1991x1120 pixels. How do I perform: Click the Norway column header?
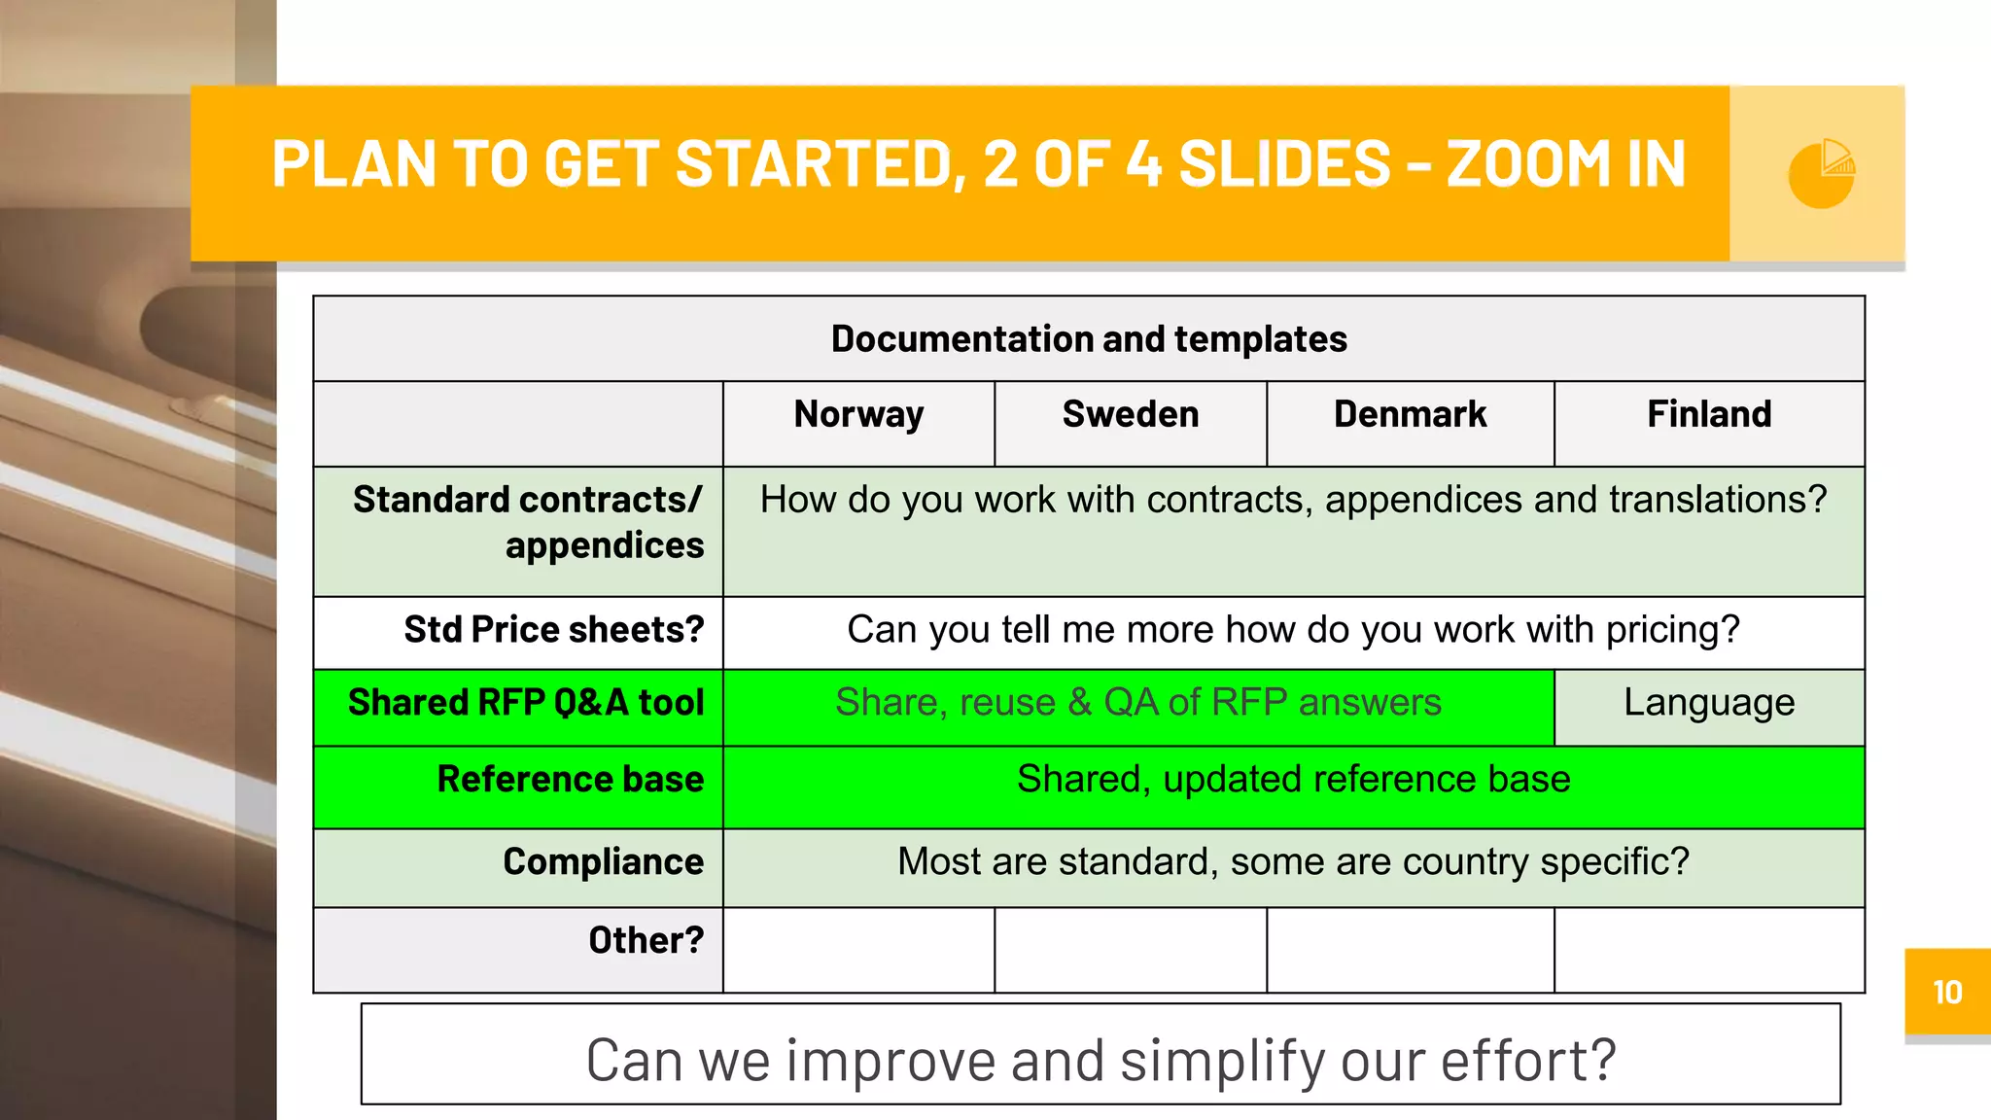(x=858, y=415)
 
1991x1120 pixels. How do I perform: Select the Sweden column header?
(x=1131, y=415)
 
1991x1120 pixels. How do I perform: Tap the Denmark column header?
(x=1410, y=415)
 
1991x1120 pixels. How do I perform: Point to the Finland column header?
(x=1709, y=415)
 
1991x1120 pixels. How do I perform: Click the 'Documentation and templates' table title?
(x=1089, y=339)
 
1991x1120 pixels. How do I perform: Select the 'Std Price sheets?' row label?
(x=554, y=630)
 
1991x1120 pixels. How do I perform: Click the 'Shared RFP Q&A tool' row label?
(x=526, y=703)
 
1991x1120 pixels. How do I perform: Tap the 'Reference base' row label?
(x=570, y=780)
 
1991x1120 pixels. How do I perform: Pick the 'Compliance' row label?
(x=603, y=862)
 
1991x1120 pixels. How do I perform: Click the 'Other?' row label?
(x=646, y=941)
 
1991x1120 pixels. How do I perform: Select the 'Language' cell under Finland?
(x=1709, y=703)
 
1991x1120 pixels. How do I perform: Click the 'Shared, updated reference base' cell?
(x=1293, y=780)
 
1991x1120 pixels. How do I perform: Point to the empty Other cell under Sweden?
(x=1131, y=950)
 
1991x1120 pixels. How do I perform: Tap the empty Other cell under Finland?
(x=1709, y=950)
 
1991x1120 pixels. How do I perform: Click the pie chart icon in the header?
(x=1821, y=173)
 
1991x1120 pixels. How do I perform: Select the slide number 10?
(x=1947, y=993)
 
